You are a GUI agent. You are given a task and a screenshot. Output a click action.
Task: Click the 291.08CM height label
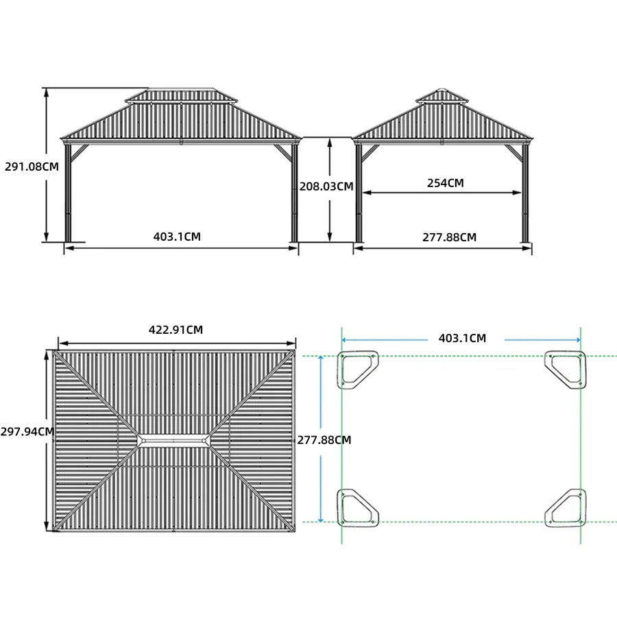click(x=32, y=167)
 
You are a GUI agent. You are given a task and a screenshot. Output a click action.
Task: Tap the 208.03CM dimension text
click(x=326, y=186)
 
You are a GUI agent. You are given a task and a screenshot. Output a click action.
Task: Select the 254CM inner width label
click(x=446, y=183)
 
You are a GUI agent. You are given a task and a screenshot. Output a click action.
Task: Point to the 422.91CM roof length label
click(x=176, y=330)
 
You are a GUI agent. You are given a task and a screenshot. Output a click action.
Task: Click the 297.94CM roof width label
click(x=27, y=432)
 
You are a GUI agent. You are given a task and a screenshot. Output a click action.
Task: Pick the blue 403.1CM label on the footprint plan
click(x=462, y=338)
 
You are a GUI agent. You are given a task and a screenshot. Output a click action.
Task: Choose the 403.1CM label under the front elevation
click(x=177, y=237)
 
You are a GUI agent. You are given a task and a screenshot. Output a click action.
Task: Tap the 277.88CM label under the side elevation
click(x=449, y=237)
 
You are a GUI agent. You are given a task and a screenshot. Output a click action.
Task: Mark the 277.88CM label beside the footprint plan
click(x=324, y=440)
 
